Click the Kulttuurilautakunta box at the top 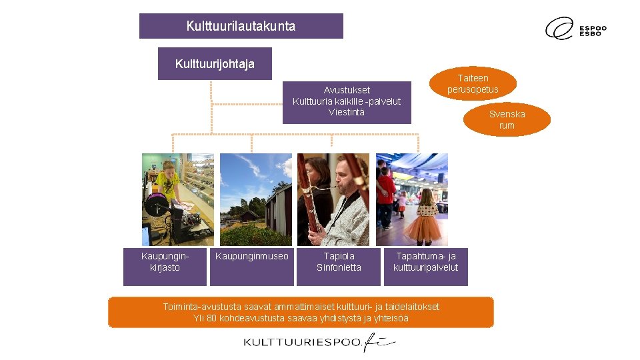pyautogui.click(x=241, y=26)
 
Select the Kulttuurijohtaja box pyautogui.click(x=215, y=64)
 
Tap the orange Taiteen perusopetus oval pyautogui.click(x=473, y=83)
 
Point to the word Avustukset pyautogui.click(x=347, y=90)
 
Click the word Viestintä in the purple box pyautogui.click(x=347, y=112)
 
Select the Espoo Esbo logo pyautogui.click(x=576, y=29)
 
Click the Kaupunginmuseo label pyautogui.click(x=252, y=256)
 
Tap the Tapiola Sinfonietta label pyautogui.click(x=339, y=261)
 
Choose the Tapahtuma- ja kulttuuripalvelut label pyautogui.click(x=426, y=261)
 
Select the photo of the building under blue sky pyautogui.click(x=256, y=199)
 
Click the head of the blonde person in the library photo pyautogui.click(x=168, y=167)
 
